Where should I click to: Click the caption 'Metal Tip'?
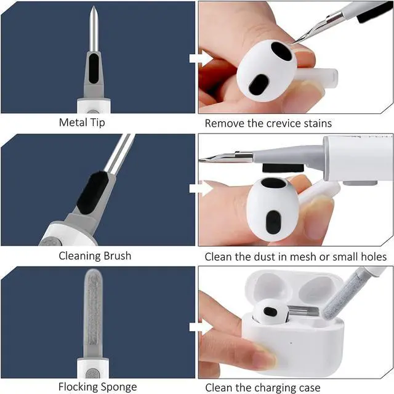82,123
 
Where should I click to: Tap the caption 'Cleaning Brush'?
95,255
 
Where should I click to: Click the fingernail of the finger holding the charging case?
266,357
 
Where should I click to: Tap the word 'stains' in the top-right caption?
315,123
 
